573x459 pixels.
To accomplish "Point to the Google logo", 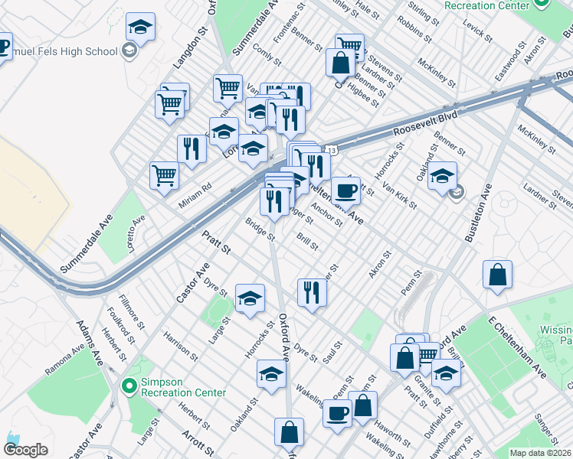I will point(26,450).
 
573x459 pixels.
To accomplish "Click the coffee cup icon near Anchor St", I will point(345,190).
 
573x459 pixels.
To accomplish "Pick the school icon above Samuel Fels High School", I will point(140,28).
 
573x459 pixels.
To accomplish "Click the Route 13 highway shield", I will point(330,145).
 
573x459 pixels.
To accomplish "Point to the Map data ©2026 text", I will point(541,453).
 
